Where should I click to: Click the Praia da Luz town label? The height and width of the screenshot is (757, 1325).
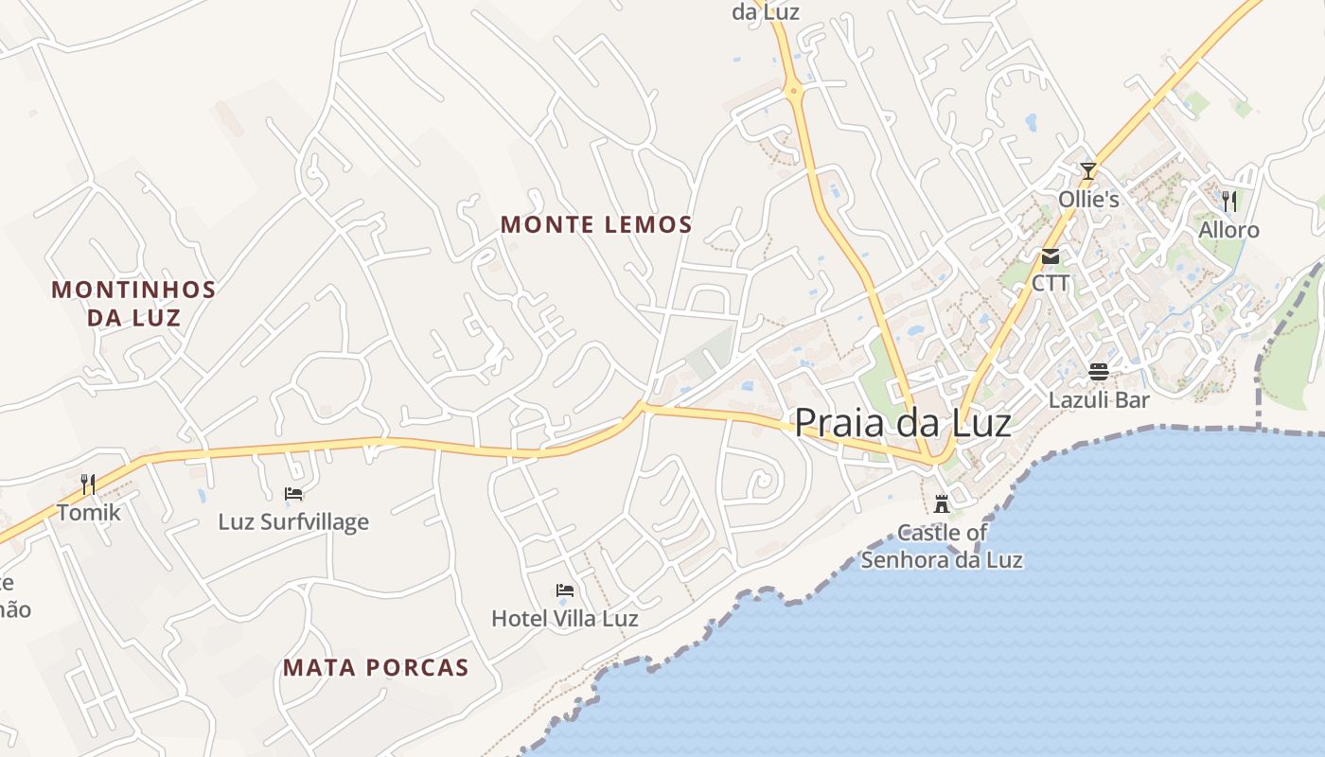902,422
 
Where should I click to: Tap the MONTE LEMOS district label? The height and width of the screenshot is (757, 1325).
596,225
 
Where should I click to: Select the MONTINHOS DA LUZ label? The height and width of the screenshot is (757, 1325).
133,303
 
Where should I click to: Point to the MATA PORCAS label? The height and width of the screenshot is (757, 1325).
376,668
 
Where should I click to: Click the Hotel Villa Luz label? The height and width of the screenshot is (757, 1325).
564,619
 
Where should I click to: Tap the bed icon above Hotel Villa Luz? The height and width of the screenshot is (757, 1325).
565,591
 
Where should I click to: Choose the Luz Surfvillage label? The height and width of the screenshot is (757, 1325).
293,521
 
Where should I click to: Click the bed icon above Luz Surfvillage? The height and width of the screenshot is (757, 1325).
293,494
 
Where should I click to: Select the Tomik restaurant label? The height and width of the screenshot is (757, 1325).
89,513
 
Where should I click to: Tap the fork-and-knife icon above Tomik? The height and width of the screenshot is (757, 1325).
88,484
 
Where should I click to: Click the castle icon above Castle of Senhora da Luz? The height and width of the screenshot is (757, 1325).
941,503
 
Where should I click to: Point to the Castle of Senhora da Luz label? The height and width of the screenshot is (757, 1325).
942,546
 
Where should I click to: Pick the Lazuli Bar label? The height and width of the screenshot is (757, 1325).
1099,399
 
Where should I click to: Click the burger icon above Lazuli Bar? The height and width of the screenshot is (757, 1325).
1099,372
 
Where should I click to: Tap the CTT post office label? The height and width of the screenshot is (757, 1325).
1051,283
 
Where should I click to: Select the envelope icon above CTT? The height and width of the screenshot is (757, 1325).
1051,256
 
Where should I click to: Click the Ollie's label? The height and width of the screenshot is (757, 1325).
1088,200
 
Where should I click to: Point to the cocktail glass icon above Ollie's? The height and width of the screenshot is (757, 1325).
1088,171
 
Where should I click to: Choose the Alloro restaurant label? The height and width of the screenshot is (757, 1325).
1228,230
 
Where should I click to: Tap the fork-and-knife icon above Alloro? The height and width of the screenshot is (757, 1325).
1228,201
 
